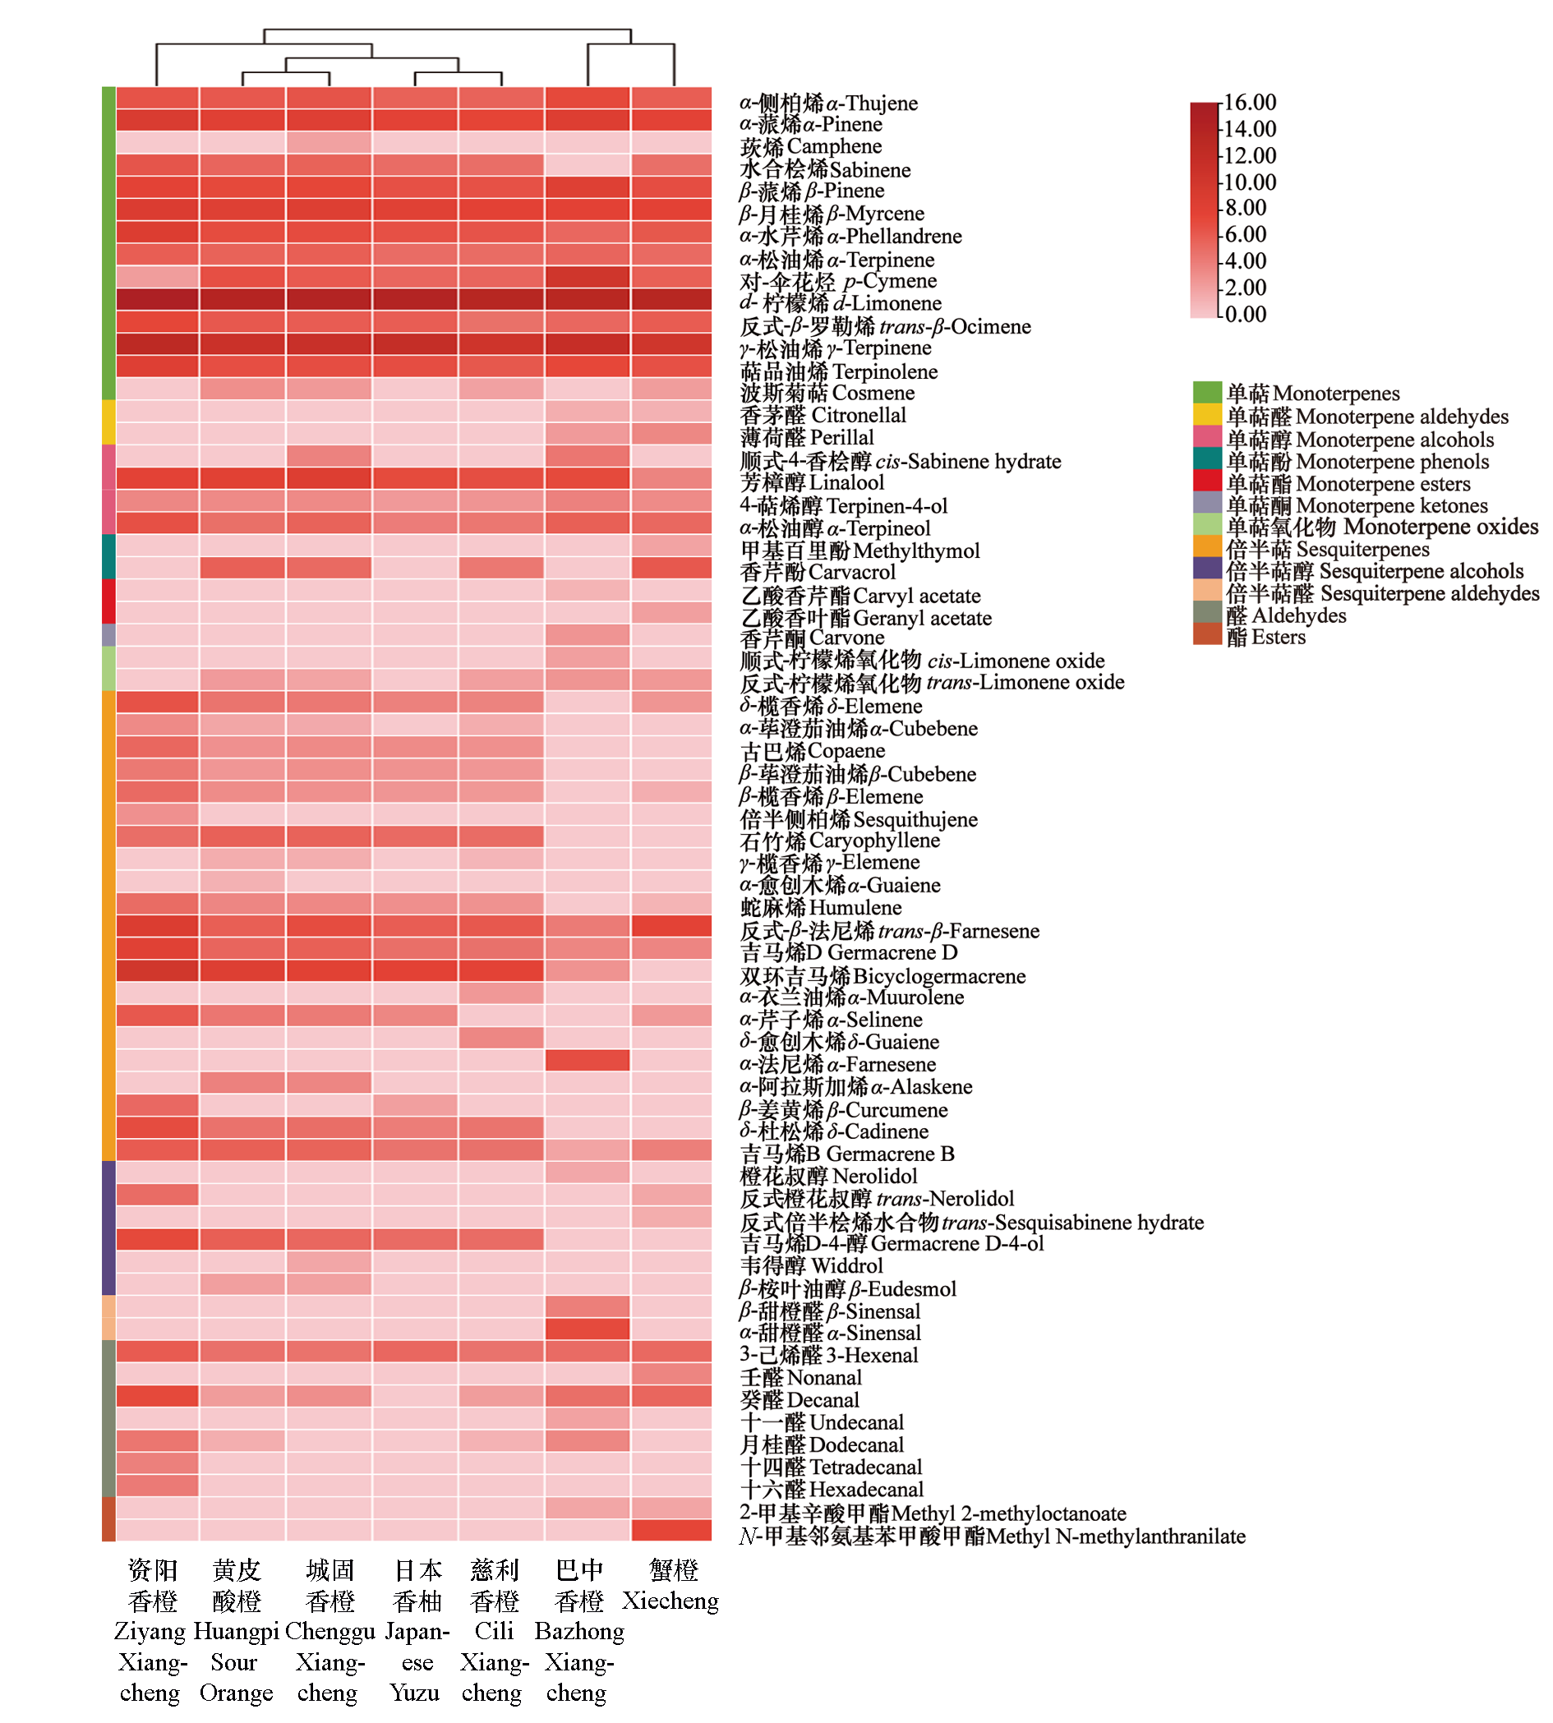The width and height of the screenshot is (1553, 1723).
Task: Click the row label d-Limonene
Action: click(841, 303)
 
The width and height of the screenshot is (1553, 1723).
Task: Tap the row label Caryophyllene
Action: click(840, 841)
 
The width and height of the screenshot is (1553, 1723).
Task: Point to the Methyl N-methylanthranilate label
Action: click(992, 1536)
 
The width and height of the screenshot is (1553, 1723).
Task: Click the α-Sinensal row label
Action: click(829, 1333)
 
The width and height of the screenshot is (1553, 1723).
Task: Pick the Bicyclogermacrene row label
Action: click(882, 975)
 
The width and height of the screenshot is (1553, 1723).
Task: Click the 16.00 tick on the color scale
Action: click(1250, 104)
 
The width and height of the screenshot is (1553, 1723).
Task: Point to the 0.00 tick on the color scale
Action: click(1245, 315)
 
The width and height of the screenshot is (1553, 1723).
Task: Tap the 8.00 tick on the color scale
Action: click(1245, 208)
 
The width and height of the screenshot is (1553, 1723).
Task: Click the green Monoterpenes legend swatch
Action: click(1206, 393)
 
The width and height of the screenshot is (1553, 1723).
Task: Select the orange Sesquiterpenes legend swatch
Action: click(1206, 548)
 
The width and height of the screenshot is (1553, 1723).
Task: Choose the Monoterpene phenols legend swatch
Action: click(1206, 460)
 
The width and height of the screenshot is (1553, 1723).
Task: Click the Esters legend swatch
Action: click(1206, 636)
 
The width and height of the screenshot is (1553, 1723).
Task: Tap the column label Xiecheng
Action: click(671, 1601)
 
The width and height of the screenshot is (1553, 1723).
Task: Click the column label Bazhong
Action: click(579, 1632)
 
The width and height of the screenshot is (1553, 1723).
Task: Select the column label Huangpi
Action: click(237, 1632)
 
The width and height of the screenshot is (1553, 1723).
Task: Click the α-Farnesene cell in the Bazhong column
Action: click(587, 1061)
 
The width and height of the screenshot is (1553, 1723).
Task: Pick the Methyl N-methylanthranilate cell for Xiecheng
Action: click(671, 1530)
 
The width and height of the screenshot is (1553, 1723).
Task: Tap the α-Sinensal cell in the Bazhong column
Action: click(587, 1329)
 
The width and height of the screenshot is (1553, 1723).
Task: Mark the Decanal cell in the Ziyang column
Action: click(158, 1396)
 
